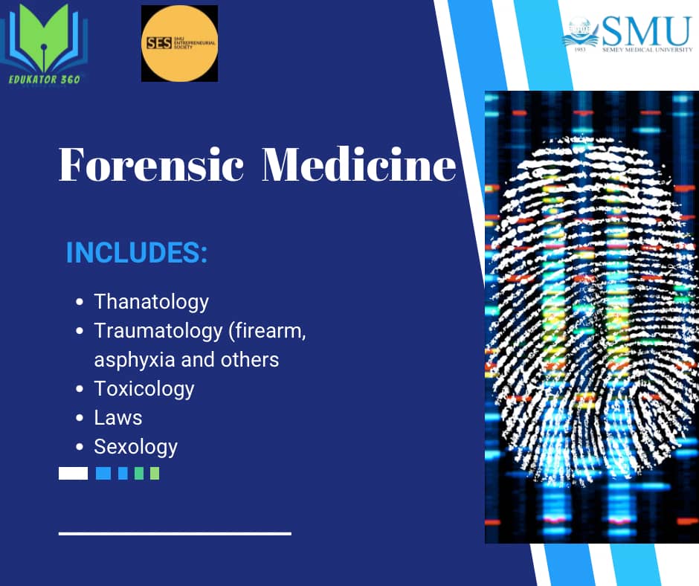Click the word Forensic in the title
152,164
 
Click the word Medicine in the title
358,164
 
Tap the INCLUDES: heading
137,253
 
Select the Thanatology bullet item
151,302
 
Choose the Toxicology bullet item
144,389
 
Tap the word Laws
117,418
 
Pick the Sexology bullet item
135,447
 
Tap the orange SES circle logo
179,43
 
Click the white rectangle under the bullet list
73,474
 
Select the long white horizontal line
175,533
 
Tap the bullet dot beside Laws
80,419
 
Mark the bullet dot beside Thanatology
80,303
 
